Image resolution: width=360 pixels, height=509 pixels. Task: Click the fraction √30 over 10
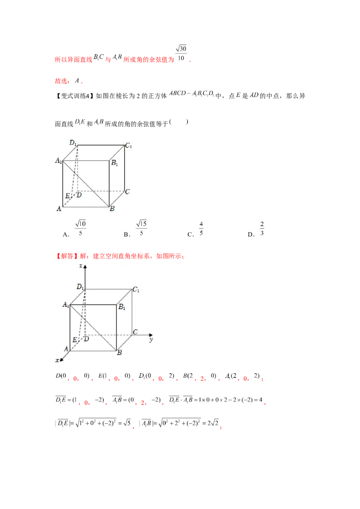click(x=181, y=53)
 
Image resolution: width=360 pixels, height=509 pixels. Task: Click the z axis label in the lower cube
click(x=81, y=266)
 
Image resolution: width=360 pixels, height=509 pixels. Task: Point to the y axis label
click(x=151, y=339)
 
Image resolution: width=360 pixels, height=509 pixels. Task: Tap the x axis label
click(x=58, y=360)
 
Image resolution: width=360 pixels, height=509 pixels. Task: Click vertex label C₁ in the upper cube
click(x=129, y=146)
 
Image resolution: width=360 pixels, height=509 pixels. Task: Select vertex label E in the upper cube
click(x=67, y=196)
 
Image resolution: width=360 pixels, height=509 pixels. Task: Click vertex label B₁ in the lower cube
click(x=122, y=307)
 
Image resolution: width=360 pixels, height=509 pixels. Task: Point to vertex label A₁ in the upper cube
click(x=58, y=161)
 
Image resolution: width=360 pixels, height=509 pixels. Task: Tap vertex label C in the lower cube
click(x=135, y=332)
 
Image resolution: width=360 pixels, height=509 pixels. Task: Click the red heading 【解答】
click(x=67, y=256)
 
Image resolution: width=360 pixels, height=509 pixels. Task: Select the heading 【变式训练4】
click(x=74, y=96)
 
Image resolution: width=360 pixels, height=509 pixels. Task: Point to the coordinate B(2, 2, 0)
click(x=199, y=376)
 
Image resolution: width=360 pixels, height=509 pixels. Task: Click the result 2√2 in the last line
click(x=213, y=423)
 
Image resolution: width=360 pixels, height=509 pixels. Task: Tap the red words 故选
click(x=61, y=81)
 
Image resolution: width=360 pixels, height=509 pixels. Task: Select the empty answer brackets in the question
click(x=179, y=122)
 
